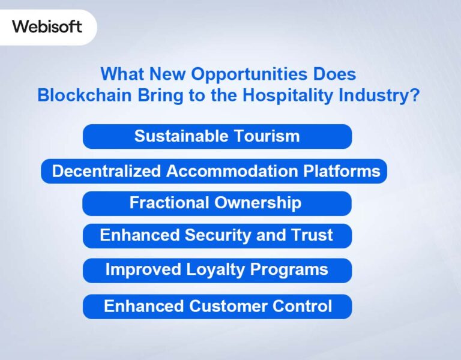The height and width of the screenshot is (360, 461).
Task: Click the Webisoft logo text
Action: [x=47, y=26]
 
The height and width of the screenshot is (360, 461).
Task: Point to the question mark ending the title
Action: [x=414, y=95]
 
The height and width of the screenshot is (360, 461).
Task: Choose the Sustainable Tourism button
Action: [x=217, y=136]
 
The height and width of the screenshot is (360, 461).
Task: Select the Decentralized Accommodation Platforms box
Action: [x=214, y=171]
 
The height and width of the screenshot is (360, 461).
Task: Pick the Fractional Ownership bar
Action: [x=217, y=203]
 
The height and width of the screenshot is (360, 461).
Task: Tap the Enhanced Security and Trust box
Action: [x=217, y=235]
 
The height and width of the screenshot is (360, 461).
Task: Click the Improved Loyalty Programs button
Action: [x=217, y=270]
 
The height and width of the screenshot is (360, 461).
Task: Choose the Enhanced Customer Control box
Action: [x=217, y=306]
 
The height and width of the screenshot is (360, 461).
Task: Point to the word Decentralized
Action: [x=106, y=171]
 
